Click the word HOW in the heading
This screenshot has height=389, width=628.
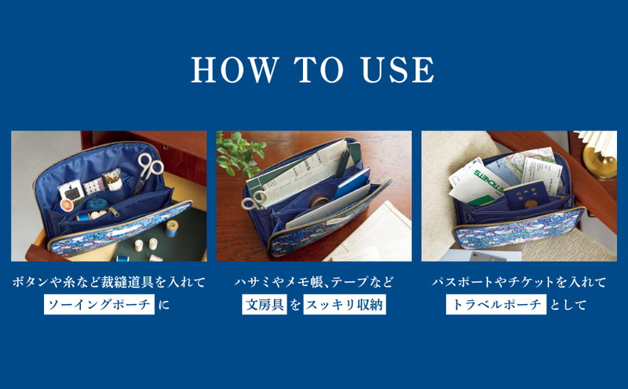click(235, 70)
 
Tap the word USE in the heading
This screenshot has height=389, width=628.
click(397, 70)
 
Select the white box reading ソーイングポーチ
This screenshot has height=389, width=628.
click(100, 304)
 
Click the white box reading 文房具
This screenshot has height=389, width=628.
click(265, 304)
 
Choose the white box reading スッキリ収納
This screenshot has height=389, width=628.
click(345, 304)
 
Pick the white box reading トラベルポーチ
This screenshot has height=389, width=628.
click(496, 304)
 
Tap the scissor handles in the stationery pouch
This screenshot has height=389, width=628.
click(254, 200)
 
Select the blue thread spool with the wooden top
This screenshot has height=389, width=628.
click(172, 228)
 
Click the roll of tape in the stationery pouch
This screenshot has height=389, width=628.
click(319, 201)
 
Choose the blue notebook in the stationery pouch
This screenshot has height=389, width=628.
click(352, 182)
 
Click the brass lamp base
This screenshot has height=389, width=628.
click(600, 162)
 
